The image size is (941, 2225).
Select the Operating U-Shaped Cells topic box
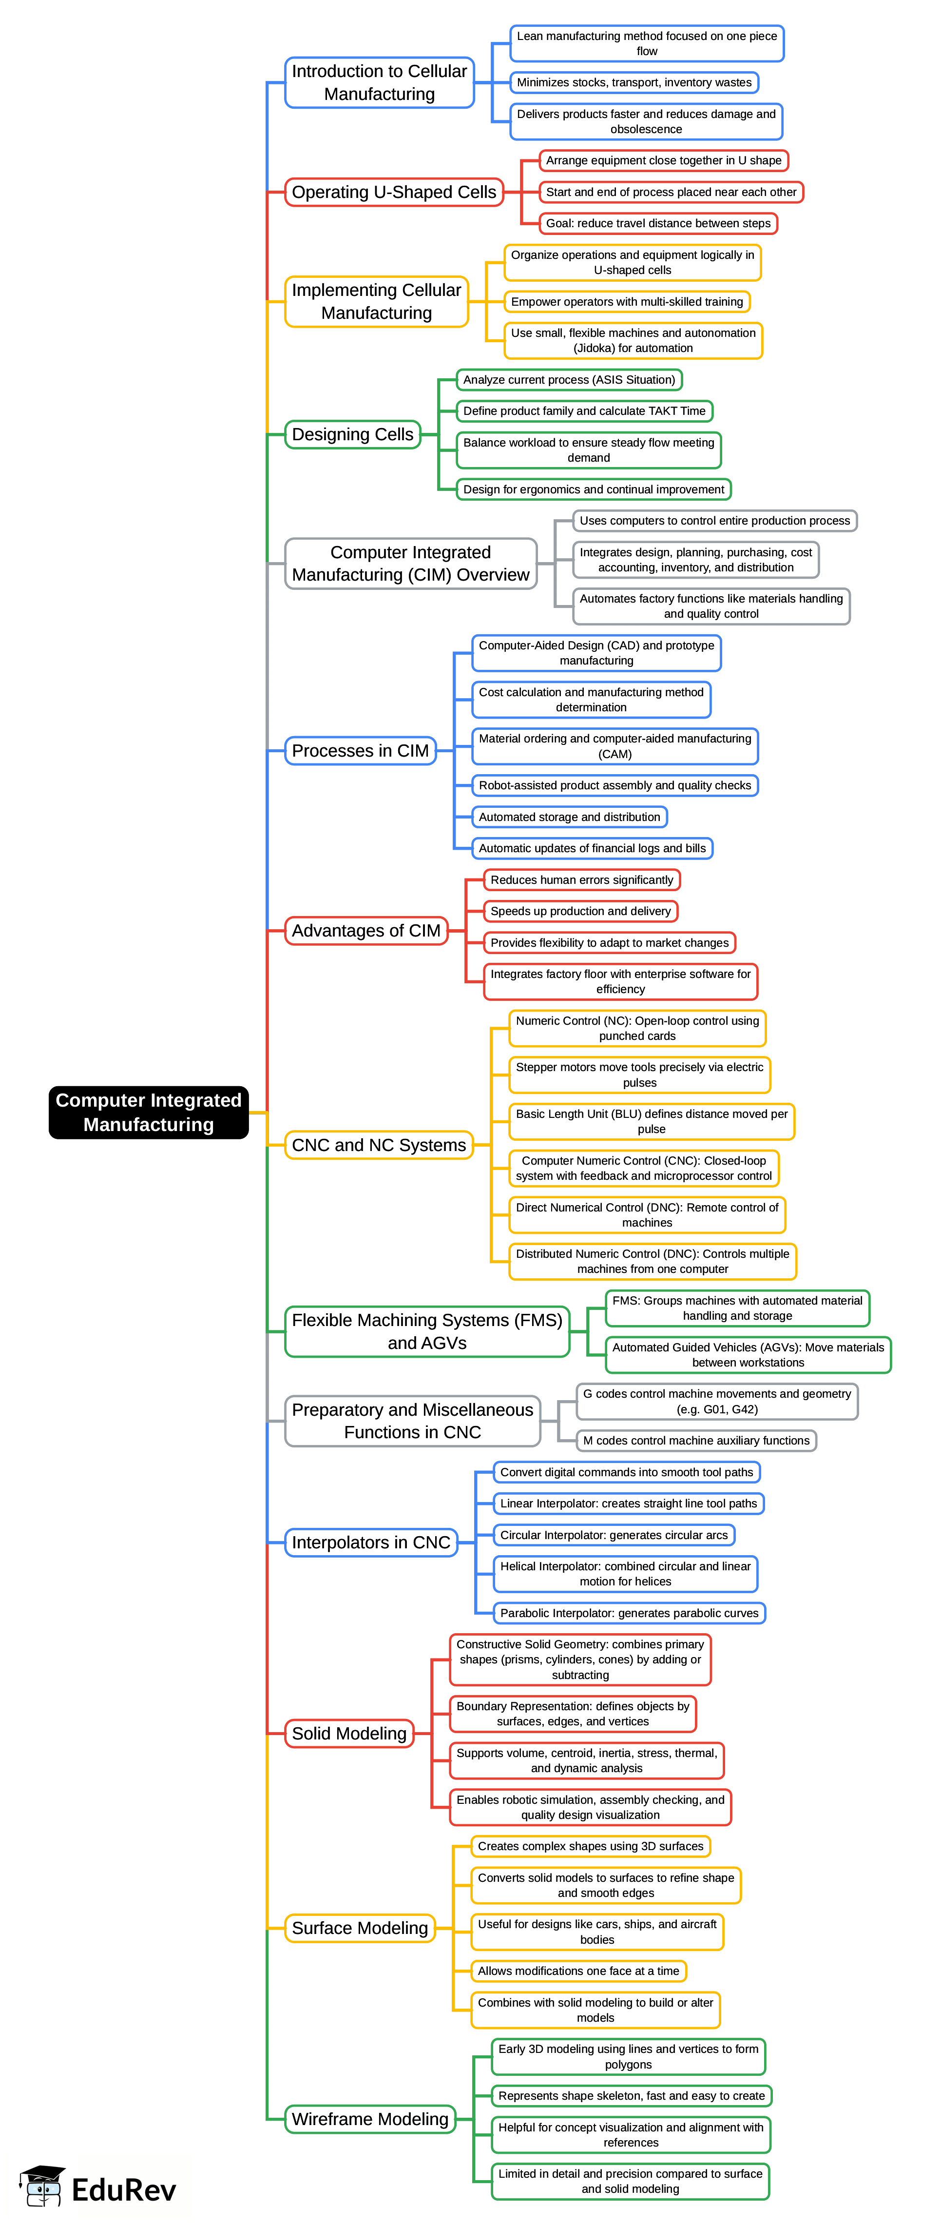[394, 192]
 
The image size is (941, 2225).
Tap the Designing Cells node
[352, 434]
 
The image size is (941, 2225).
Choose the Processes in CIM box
[360, 751]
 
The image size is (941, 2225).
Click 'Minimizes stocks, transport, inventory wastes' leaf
[634, 82]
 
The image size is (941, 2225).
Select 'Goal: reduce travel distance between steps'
[658, 223]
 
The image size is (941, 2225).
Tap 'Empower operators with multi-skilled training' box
[627, 301]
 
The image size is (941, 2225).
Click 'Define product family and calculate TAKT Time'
[584, 411]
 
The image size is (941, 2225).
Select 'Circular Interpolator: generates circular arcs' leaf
[614, 1535]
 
